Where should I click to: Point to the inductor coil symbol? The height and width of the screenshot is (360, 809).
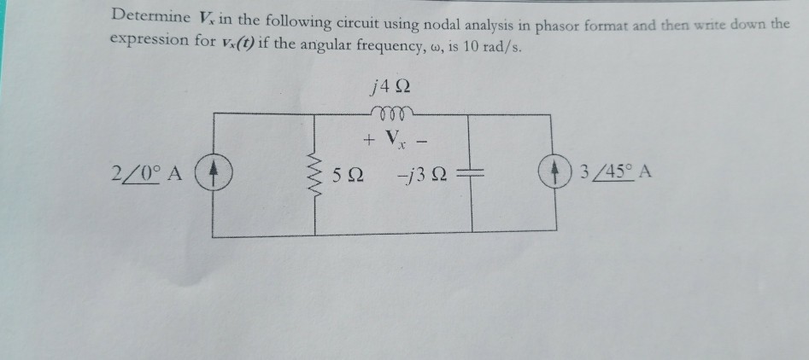pos(393,113)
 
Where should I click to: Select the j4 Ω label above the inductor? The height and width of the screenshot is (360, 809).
pos(393,85)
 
